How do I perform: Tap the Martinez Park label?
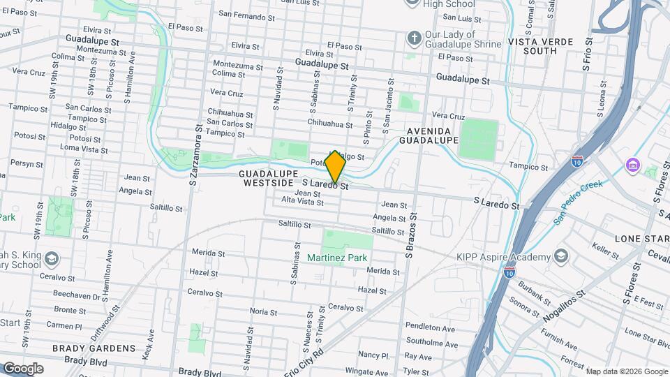tap(337, 258)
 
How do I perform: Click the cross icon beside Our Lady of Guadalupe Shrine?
tap(414, 37)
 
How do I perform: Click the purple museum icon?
tap(632, 166)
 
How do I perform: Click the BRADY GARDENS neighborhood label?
tap(94, 348)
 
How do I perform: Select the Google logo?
tap(22, 368)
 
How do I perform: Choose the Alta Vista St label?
tap(302, 202)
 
